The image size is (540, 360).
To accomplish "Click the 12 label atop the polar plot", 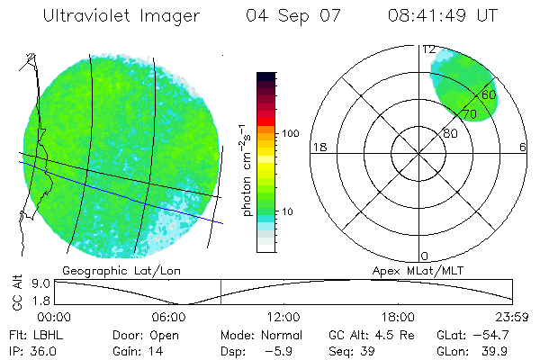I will click(429, 49).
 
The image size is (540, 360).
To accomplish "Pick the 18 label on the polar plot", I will click(318, 148).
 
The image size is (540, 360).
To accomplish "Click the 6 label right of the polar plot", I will click(523, 148).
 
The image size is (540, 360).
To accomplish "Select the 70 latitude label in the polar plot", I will click(470, 115).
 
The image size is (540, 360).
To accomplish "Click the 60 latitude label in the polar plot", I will click(489, 94).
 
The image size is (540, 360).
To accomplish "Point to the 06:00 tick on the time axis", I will click(169, 317).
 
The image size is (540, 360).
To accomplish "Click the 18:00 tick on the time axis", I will click(398, 317).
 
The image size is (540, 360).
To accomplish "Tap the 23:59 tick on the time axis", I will click(513, 317).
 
